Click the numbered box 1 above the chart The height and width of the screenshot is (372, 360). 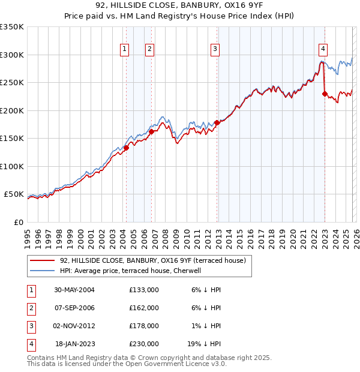click(x=125, y=50)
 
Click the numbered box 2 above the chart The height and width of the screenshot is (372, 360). click(x=149, y=50)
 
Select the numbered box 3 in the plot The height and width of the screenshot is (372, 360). click(x=215, y=50)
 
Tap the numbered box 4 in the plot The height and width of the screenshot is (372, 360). click(x=323, y=50)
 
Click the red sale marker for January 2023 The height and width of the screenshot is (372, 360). click(x=325, y=94)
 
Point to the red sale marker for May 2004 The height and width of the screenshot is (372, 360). click(x=127, y=148)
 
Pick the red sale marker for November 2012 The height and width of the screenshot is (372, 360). click(x=217, y=123)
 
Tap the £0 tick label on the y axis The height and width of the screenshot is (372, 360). click(x=18, y=222)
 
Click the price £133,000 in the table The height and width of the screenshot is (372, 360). click(x=144, y=290)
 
